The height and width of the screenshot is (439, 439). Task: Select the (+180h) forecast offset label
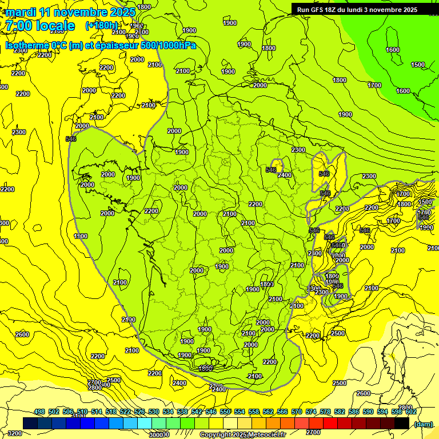pyautogui.click(x=102, y=26)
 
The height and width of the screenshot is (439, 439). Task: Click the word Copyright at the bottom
pyautogui.click(x=215, y=435)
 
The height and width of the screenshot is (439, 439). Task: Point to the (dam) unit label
pyautogui.click(x=423, y=424)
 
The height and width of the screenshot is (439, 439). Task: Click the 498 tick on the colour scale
pyautogui.click(x=39, y=412)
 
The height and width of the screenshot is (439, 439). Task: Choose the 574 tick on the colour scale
pyautogui.click(x=312, y=412)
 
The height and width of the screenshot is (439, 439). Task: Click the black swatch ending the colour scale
pyautogui.click(x=401, y=423)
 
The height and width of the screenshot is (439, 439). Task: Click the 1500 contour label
pyautogui.click(x=418, y=65)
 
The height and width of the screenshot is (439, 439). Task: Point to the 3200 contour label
pyautogui.click(x=15, y=433)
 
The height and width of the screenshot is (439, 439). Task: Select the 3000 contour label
pyautogui.click(x=155, y=434)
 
